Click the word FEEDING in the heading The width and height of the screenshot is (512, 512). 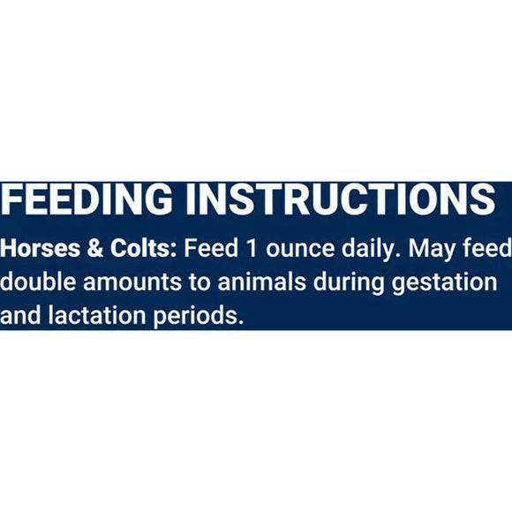click(87, 199)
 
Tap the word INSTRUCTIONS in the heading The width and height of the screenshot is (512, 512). click(341, 199)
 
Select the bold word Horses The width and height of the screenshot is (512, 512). click(40, 248)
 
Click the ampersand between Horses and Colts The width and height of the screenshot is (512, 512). click(95, 248)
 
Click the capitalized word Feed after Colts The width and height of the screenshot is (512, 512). click(211, 248)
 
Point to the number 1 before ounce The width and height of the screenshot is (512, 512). click(252, 248)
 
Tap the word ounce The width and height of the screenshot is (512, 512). click(300, 250)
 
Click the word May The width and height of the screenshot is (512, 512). click(432, 250)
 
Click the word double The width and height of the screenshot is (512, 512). click(38, 282)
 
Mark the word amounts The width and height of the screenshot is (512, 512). click(132, 282)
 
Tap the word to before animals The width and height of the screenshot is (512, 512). click(200, 282)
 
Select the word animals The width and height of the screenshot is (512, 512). click(262, 282)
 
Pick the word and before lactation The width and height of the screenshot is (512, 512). click(20, 315)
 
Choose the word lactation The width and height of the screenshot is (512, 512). click(96, 315)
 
